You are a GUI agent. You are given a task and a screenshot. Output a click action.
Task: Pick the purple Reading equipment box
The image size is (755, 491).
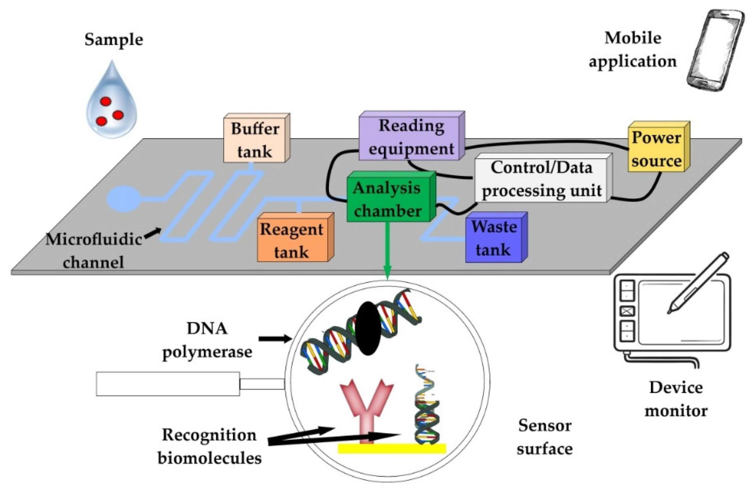tap(412, 135)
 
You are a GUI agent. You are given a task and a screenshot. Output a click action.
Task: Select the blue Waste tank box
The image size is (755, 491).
tap(496, 237)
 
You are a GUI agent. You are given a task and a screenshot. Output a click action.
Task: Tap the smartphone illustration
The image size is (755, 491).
tap(715, 51)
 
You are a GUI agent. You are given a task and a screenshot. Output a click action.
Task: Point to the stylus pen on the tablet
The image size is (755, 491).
tap(698, 283)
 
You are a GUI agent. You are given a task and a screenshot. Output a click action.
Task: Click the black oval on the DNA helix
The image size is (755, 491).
tap(368, 328)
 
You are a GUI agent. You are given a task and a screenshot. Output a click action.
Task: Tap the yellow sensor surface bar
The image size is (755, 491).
tap(392, 448)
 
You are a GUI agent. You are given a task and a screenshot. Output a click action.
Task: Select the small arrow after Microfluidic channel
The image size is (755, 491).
tap(153, 233)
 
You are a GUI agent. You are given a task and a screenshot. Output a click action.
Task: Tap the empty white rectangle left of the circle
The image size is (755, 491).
tap(168, 384)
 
